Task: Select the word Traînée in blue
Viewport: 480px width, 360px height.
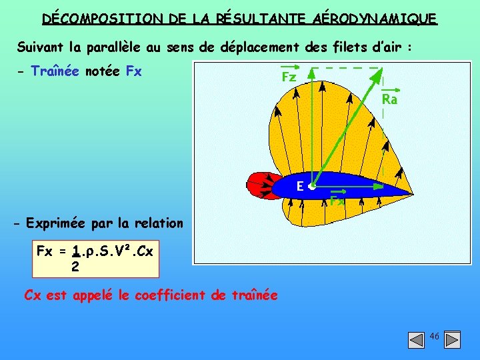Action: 56,71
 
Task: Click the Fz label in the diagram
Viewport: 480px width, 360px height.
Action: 289,77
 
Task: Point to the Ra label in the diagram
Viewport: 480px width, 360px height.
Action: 389,99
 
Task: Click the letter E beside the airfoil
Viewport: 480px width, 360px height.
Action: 301,187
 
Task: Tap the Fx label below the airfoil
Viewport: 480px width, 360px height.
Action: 337,200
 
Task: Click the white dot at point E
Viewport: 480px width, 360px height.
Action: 312,188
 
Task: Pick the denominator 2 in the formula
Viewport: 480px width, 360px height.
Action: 75,267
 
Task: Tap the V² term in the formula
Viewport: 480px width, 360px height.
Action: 120,252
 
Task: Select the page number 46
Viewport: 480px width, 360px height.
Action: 434,336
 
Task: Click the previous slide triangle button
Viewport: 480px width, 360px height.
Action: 416,340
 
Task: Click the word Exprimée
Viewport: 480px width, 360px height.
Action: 54,223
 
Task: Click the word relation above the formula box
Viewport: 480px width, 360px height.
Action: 159,223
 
